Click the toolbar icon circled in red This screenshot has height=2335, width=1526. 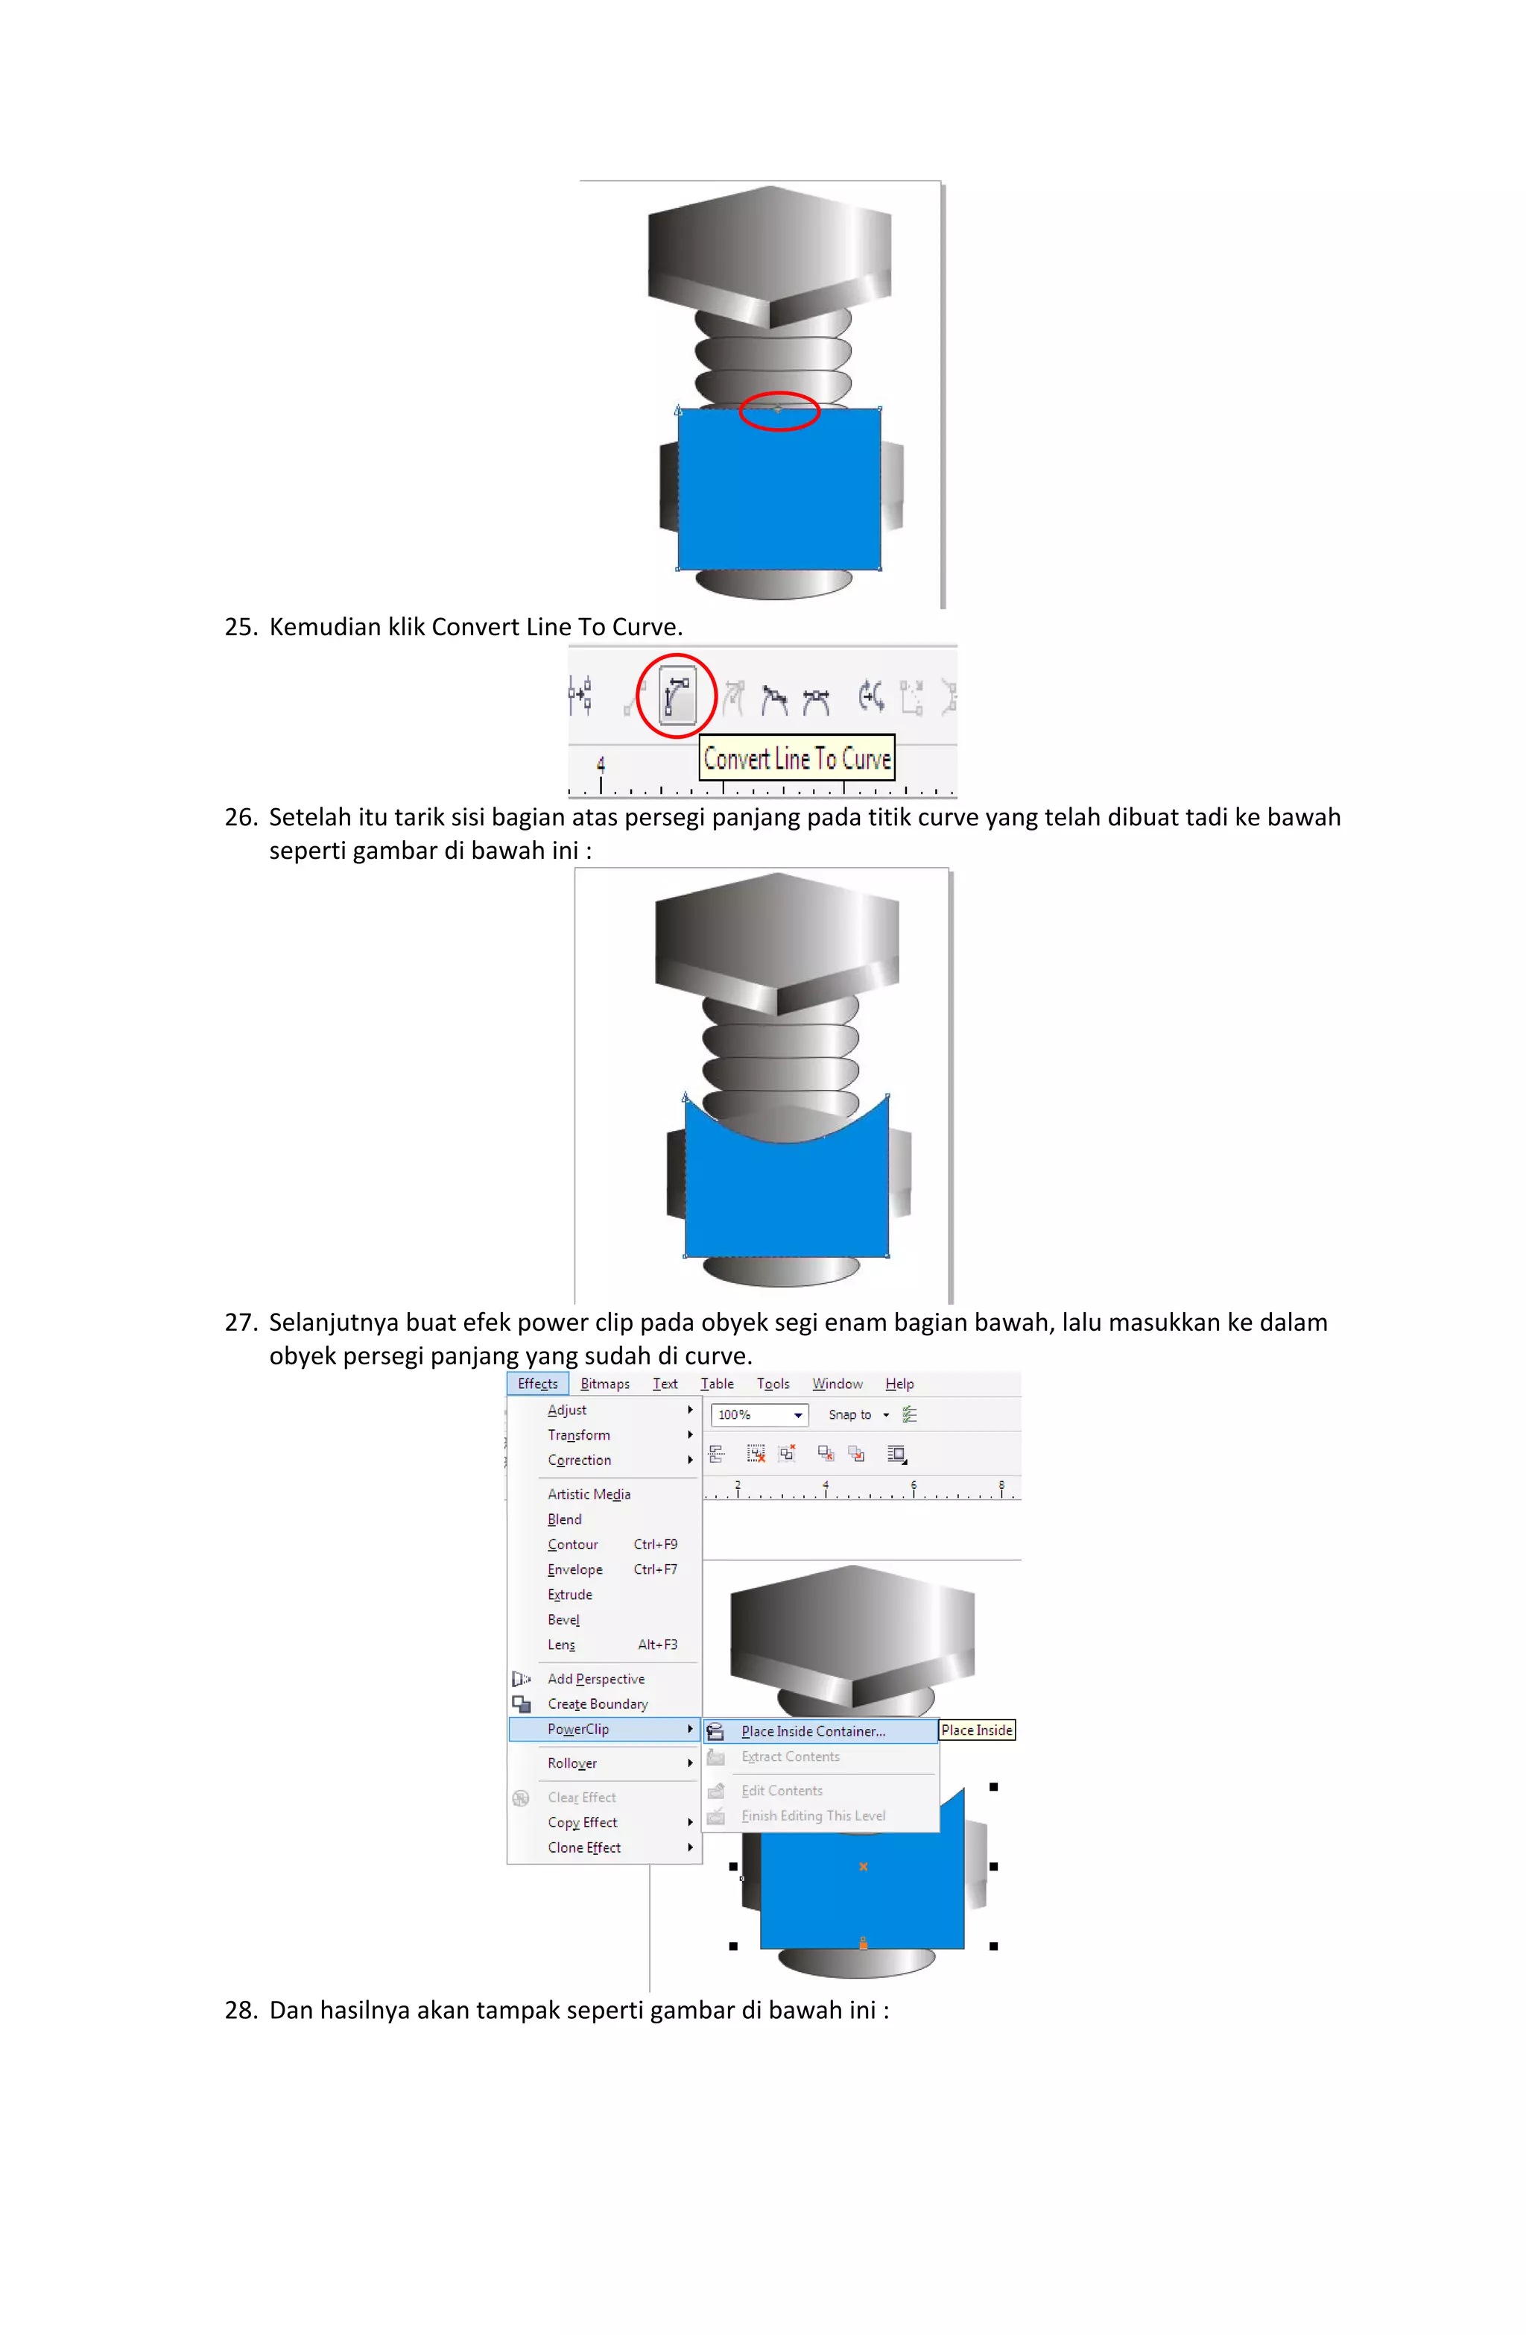click(676, 695)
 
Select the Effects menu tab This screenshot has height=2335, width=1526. click(536, 1384)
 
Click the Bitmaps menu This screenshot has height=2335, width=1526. click(604, 1384)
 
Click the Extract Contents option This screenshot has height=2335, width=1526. click(790, 1757)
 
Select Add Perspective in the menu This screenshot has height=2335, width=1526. click(595, 1679)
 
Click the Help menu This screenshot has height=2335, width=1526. click(899, 1384)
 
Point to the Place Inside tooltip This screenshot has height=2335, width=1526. click(976, 1730)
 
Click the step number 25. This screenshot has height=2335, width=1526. click(239, 627)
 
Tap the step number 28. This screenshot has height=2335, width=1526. click(239, 2010)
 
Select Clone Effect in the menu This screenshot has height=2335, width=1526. click(583, 1847)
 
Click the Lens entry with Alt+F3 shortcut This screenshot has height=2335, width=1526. click(561, 1645)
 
